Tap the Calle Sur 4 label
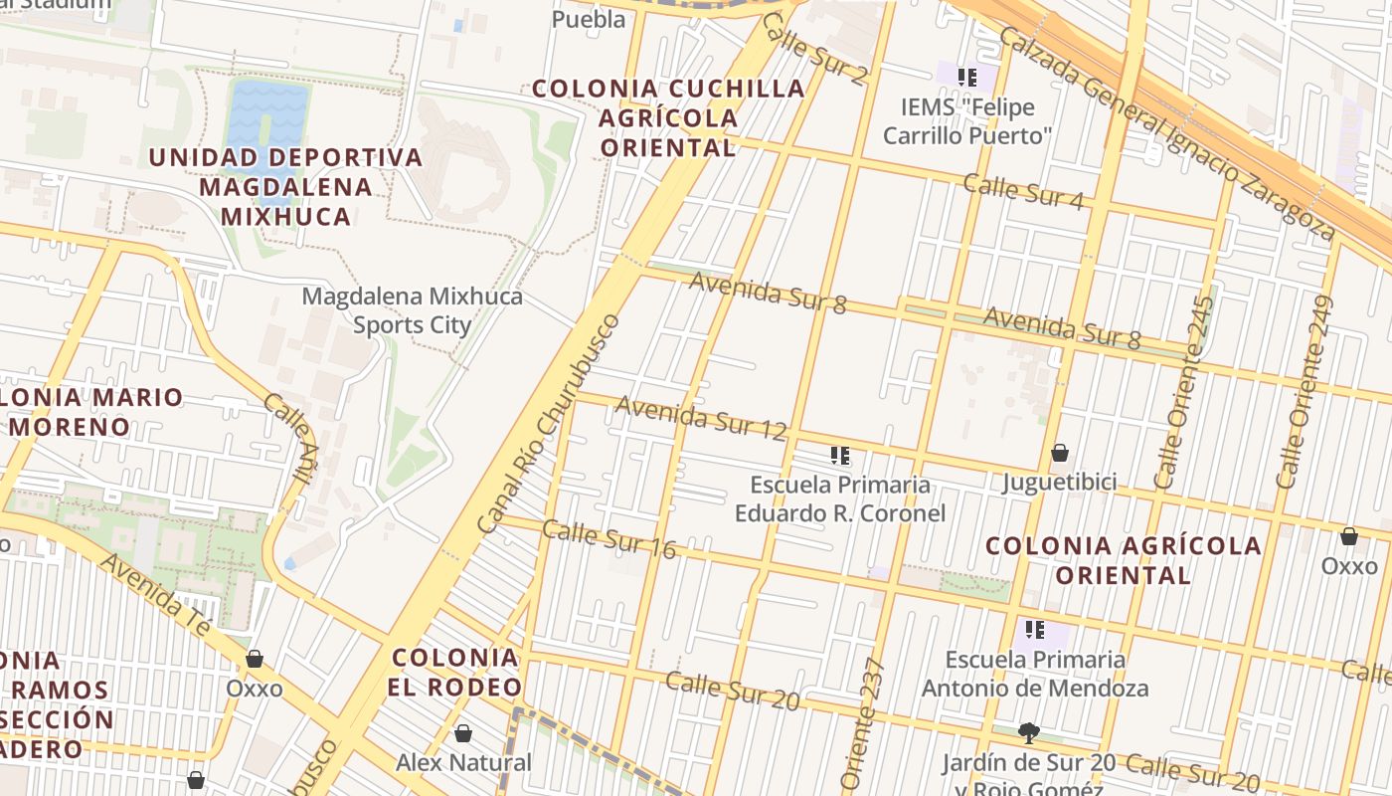click(1022, 192)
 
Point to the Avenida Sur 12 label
click(701, 417)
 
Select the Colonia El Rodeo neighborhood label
click(455, 673)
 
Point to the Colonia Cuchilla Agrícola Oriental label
click(668, 117)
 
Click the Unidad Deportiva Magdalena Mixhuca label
click(285, 187)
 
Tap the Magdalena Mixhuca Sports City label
click(412, 310)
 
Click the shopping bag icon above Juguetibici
click(1060, 454)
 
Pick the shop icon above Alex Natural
click(462, 734)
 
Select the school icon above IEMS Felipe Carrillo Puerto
click(966, 77)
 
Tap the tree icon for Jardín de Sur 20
click(1028, 733)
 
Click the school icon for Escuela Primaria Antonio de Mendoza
click(1035, 630)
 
